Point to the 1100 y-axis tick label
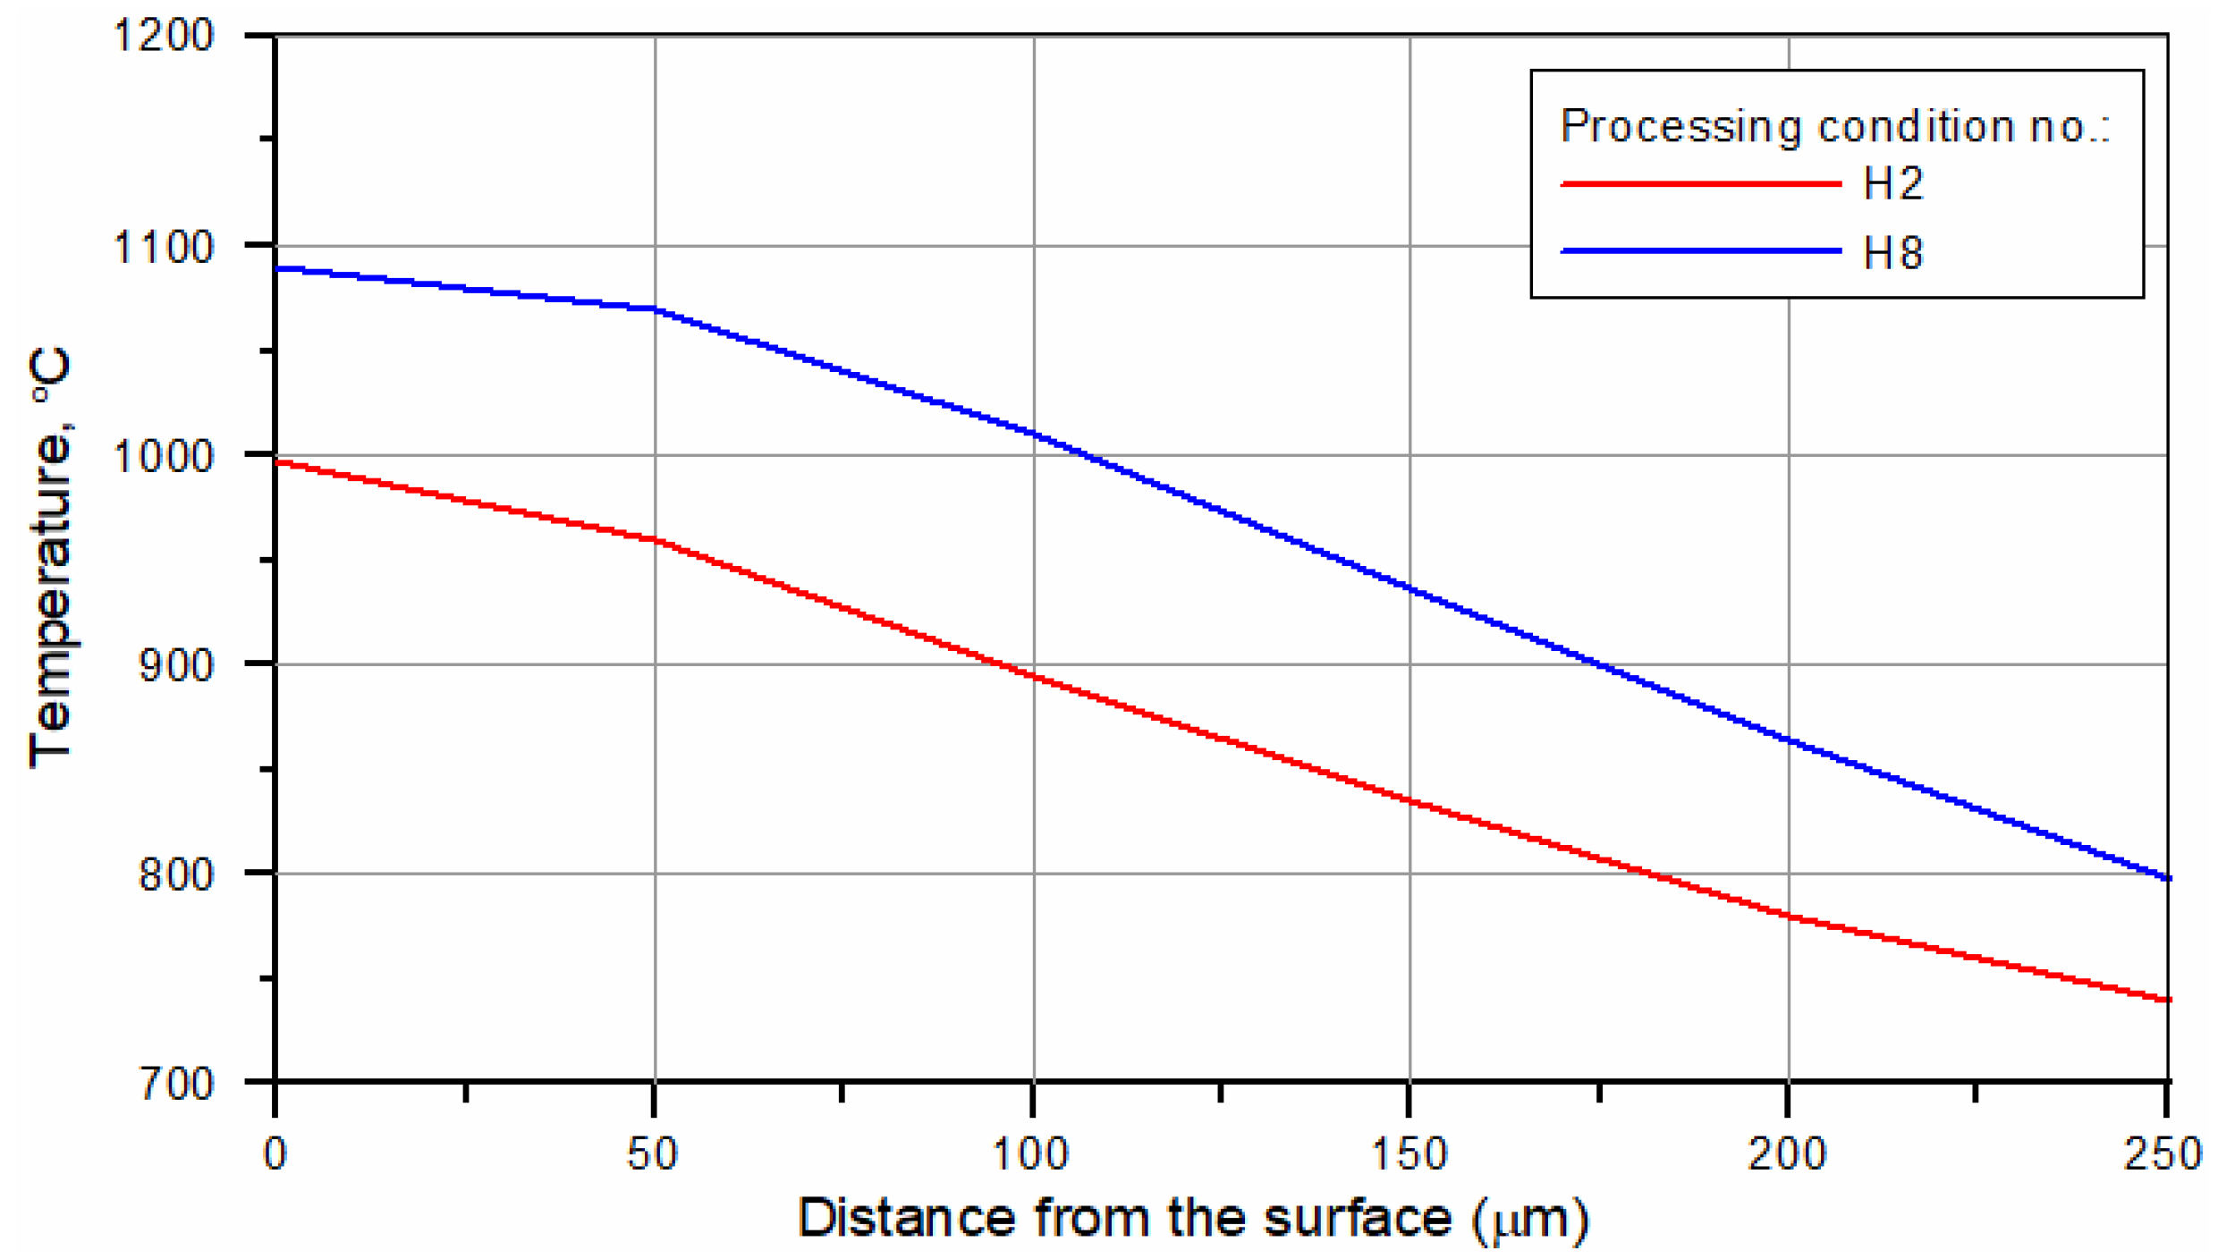point(164,246)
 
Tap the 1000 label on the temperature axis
point(164,456)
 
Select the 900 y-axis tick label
point(176,664)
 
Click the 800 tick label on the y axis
point(176,874)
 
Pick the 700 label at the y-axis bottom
point(176,1084)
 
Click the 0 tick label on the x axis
point(275,1153)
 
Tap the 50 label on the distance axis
point(653,1153)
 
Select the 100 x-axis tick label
point(1031,1153)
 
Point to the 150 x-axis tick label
point(1410,1153)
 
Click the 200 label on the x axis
point(1787,1153)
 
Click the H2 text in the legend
point(1893,183)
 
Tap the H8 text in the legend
point(1893,253)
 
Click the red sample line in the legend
point(1700,183)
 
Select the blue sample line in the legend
point(1700,251)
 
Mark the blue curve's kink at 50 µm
point(656,309)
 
